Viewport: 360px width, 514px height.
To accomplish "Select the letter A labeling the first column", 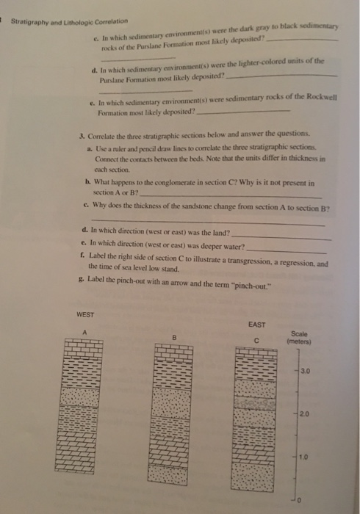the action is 84,330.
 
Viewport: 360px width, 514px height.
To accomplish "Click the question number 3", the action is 80,137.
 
